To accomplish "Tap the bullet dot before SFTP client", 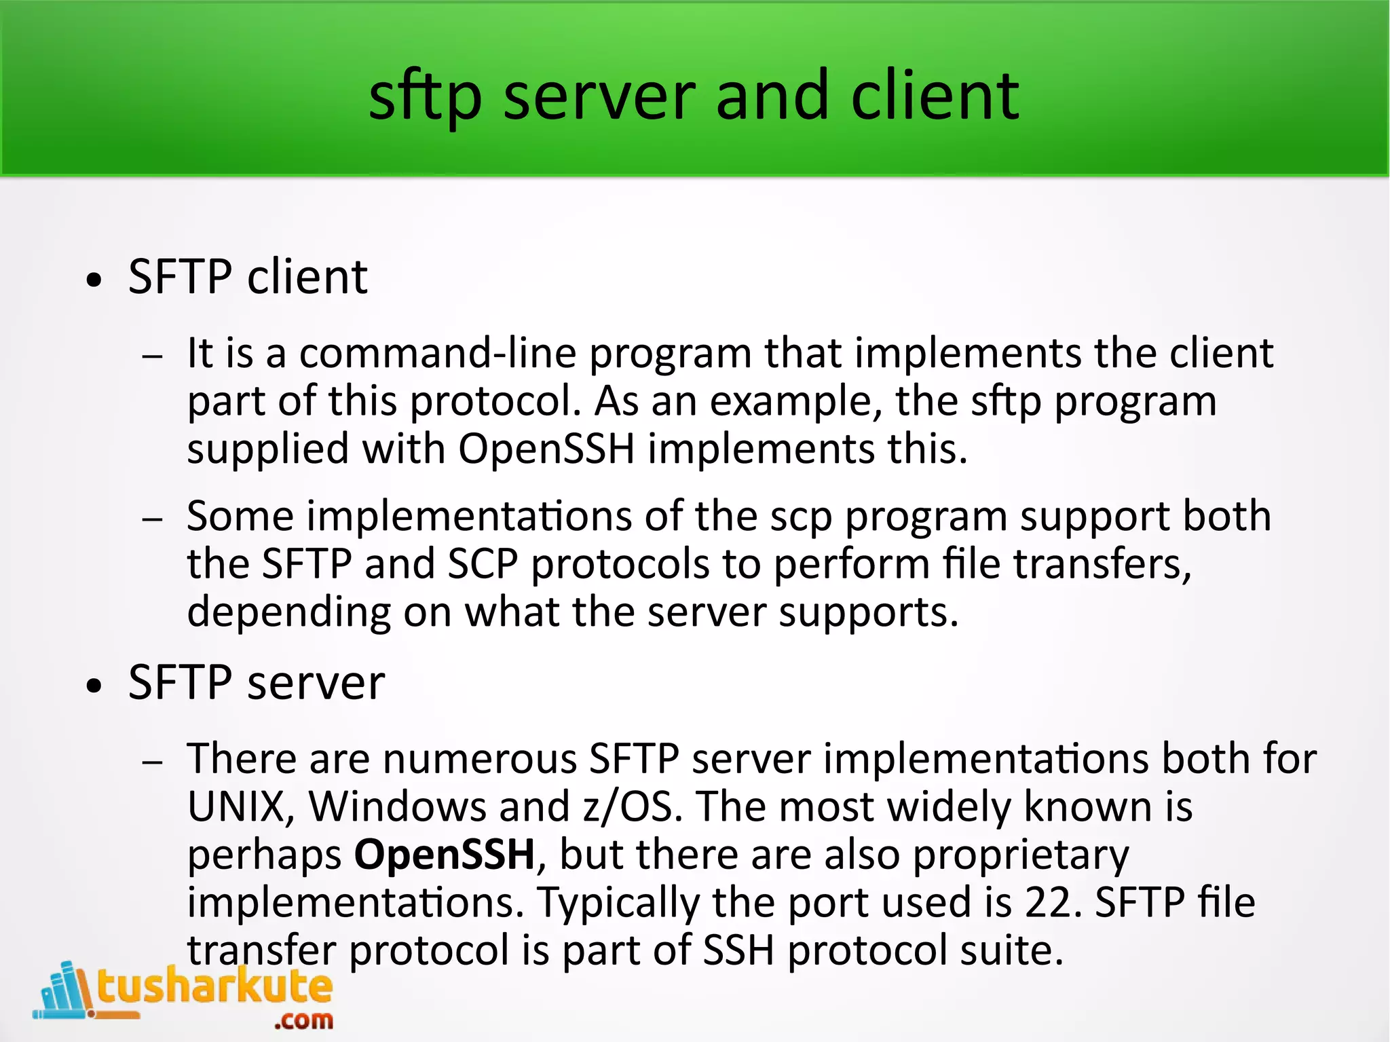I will tap(94, 280).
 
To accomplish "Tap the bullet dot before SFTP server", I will tap(94, 686).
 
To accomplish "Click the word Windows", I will tap(397, 806).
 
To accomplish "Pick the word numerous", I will tap(480, 759).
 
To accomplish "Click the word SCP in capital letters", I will tap(483, 564).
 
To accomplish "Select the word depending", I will tap(289, 613).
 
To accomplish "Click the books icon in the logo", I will tap(64, 991).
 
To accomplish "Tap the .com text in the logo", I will tap(303, 1020).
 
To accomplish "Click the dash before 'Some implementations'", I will tap(153, 519).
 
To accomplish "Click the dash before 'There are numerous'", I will tap(153, 762).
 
